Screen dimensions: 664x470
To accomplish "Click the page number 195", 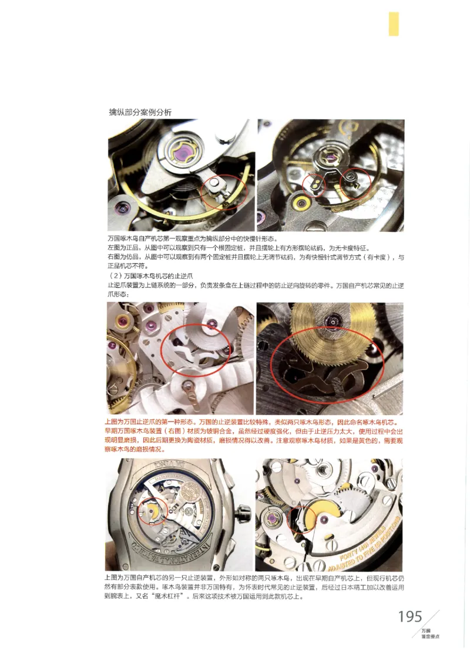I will coord(410,616).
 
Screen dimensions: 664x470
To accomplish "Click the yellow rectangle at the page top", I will coord(394,23).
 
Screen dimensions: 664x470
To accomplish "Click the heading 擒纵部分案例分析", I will coord(140,112).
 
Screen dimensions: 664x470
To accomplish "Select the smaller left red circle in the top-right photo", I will coord(314,185).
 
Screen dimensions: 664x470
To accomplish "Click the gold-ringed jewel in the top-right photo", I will coord(303,203).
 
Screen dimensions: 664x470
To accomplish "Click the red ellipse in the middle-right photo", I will coord(327,362).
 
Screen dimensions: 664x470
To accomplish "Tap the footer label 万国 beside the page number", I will coord(426,631).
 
